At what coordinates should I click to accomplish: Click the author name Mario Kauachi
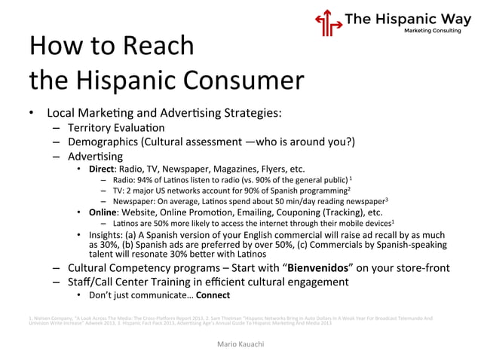tap(240, 343)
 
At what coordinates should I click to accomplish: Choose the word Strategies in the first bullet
tap(250, 114)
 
